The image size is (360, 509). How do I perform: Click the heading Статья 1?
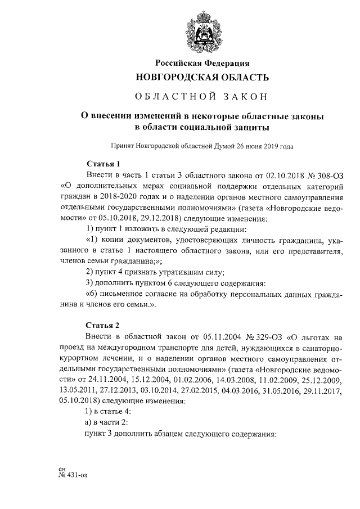pyautogui.click(x=103, y=164)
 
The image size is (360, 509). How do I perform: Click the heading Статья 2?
pyautogui.click(x=103, y=325)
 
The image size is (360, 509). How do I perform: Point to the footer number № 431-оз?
pyautogui.click(x=73, y=474)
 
